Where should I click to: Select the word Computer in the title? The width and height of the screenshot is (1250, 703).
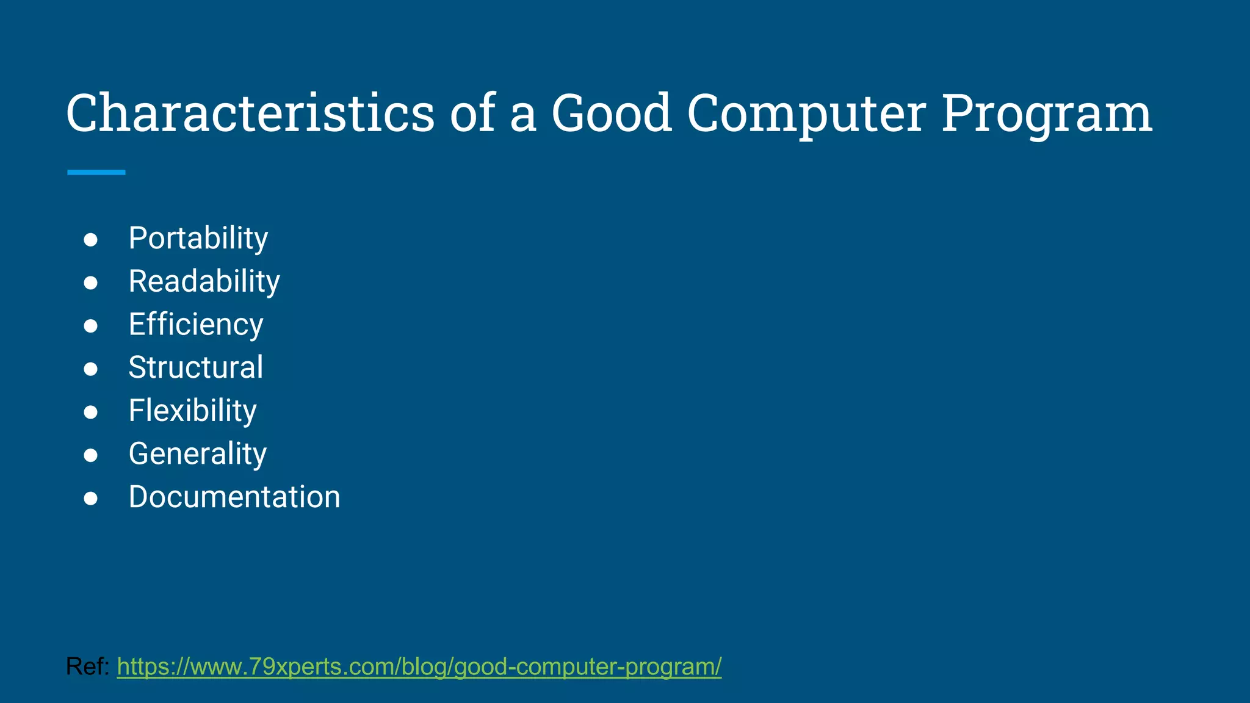point(806,114)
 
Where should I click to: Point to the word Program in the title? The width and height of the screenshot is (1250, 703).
point(1046,114)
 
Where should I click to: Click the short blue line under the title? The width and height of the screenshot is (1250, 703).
point(96,173)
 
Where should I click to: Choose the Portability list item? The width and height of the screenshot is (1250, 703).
point(198,238)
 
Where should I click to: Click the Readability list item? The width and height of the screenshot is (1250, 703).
point(204,281)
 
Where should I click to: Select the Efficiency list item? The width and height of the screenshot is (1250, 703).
point(196,325)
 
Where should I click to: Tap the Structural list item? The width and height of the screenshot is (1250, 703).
point(196,367)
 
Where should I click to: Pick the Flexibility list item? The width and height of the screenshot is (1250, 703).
point(193,411)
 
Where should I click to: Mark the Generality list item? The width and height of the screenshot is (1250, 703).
point(198,454)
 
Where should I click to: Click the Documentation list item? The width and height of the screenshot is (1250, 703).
point(234,497)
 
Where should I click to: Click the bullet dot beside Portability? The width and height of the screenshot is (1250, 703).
point(91,240)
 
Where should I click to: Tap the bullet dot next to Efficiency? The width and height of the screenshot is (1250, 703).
point(91,326)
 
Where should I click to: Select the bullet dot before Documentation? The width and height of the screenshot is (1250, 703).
point(91,499)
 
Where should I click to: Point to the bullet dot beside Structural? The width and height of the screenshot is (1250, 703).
point(91,369)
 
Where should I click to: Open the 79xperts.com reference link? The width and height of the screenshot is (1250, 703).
point(419,666)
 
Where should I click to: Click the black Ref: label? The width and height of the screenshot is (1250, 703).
point(87,666)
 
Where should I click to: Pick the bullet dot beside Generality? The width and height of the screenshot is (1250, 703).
point(91,455)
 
